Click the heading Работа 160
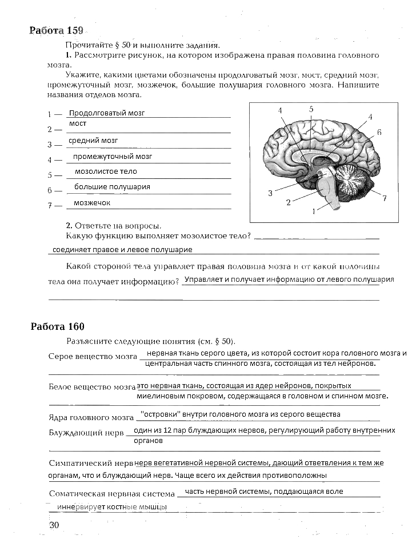57,326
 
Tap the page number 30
54,525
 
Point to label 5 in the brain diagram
311,109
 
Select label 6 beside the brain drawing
379,132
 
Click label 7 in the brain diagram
385,198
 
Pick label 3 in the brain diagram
270,193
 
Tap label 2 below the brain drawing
289,202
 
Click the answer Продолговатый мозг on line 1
106,113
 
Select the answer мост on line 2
78,123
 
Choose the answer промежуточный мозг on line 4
112,156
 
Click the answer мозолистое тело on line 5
106,171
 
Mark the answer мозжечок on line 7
92,203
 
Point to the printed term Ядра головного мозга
91,418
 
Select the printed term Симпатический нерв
91,463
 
